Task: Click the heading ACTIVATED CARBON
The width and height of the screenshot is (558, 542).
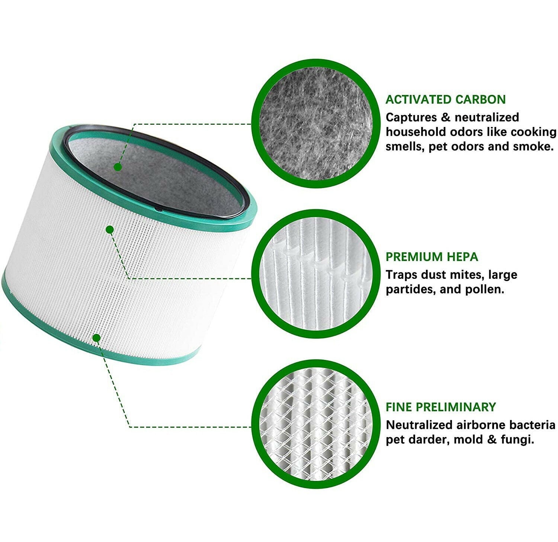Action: click(445, 100)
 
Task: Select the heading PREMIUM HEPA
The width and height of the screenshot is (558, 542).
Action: click(432, 257)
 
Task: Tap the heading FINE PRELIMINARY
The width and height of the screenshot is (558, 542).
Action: click(440, 407)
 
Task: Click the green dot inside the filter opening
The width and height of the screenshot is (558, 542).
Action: click(118, 167)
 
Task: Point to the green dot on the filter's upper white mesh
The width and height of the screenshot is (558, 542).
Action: click(110, 230)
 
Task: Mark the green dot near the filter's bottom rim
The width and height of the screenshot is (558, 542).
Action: click(97, 338)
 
